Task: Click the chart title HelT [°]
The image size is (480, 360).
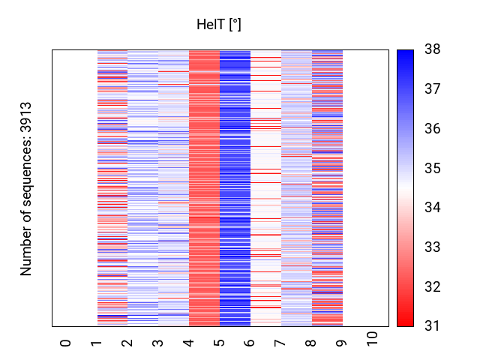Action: click(218, 25)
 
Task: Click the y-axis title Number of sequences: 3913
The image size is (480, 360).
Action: click(27, 188)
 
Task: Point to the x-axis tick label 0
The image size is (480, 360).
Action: click(66, 343)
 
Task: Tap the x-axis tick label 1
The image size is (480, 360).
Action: click(97, 343)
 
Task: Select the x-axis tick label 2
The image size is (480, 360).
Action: click(127, 343)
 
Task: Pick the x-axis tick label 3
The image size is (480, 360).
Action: click(158, 343)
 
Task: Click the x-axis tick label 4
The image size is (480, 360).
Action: click(189, 343)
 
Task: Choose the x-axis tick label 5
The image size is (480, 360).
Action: click(220, 343)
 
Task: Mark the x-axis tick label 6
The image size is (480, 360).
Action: click(250, 343)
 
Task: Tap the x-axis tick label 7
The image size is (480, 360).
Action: click(281, 343)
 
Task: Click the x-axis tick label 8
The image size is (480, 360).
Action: click(312, 343)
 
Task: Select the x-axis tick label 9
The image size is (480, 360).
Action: click(343, 343)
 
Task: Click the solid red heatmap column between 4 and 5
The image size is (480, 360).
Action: click(204, 187)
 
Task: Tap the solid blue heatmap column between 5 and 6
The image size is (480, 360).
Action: click(235, 187)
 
